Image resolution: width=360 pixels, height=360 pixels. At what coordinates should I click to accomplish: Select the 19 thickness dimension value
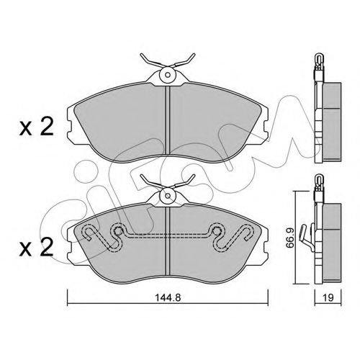pyautogui.click(x=328, y=297)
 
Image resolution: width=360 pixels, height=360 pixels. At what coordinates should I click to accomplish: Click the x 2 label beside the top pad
pyautogui.click(x=36, y=127)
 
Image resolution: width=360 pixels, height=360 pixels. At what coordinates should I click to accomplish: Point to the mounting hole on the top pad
pyautogui.click(x=168, y=75)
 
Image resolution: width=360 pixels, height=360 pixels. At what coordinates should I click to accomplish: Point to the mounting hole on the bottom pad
pyautogui.click(x=168, y=196)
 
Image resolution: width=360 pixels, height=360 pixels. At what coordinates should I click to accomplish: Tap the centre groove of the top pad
pyautogui.click(x=168, y=120)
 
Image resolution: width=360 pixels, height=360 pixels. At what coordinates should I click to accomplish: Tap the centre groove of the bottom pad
pyautogui.click(x=168, y=241)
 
